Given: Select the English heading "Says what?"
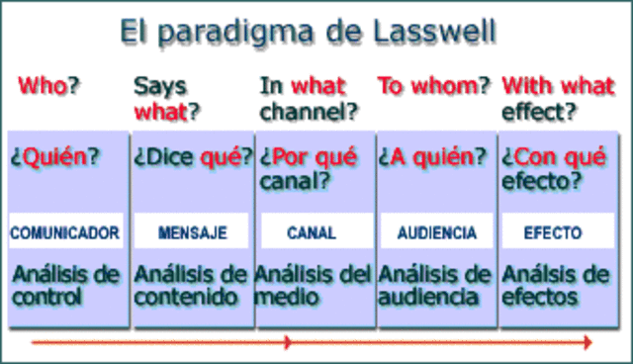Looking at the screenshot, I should [x=166, y=98].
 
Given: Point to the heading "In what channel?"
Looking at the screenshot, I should [x=308, y=98].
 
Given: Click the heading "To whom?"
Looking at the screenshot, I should [x=434, y=86].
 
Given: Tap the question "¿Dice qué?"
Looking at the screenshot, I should [x=192, y=156].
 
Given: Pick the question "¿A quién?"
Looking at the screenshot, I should [x=433, y=156].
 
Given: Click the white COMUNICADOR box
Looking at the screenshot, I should [x=65, y=233].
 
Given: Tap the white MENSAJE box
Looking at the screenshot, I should [x=192, y=233].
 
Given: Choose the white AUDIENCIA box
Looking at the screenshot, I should [x=436, y=233].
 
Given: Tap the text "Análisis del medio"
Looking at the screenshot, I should [x=314, y=284].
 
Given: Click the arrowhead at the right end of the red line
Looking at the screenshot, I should [x=588, y=342].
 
